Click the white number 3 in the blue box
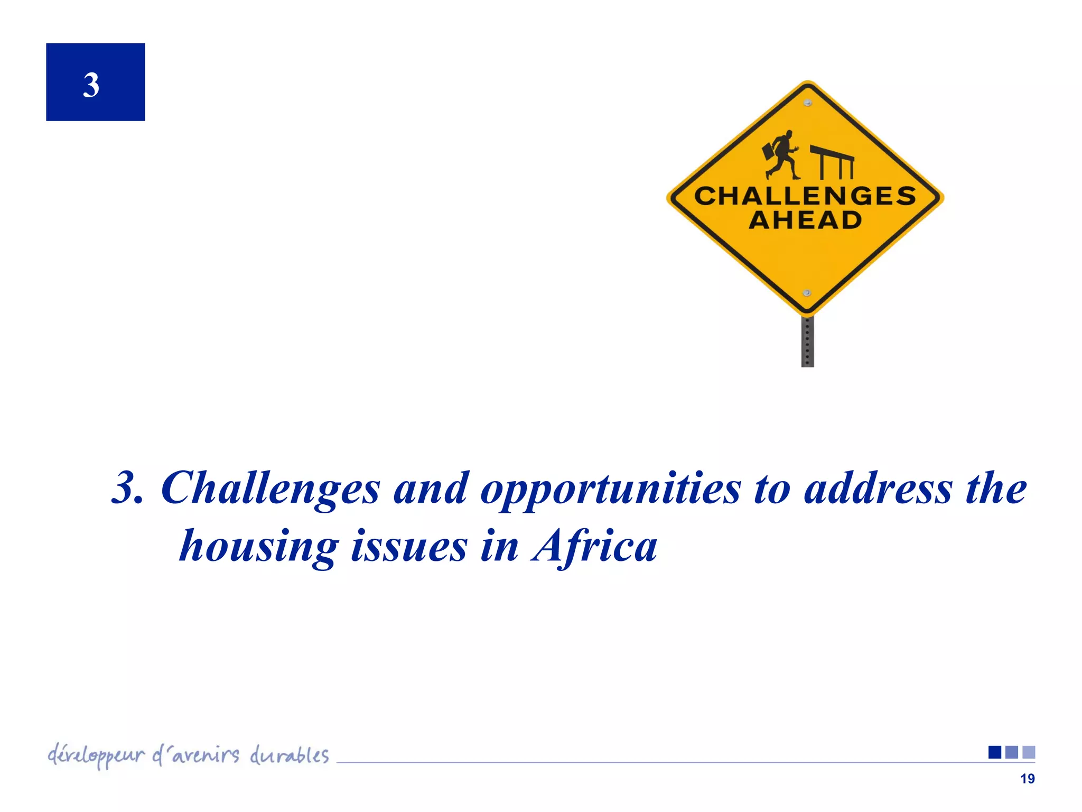click(91, 85)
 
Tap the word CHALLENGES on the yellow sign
click(805, 196)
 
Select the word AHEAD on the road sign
click(805, 220)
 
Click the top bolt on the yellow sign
click(807, 103)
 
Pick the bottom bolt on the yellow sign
click(807, 293)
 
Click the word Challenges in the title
click(270, 488)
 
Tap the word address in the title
click(878, 488)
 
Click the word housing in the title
click(259, 547)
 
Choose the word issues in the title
click(409, 546)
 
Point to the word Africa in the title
click(595, 546)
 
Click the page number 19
click(1027, 779)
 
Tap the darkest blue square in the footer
click(995, 752)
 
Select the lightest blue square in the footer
click(1029, 752)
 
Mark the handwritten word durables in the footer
click(289, 755)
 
